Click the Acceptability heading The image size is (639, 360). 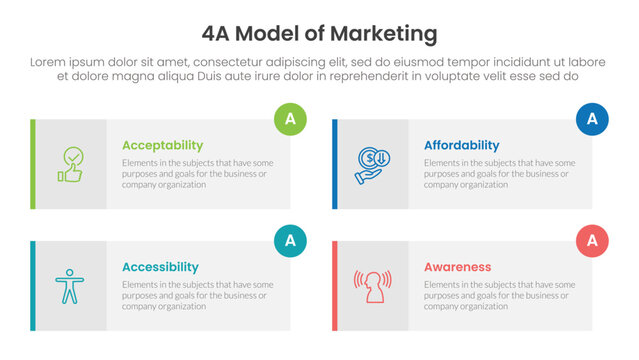162,145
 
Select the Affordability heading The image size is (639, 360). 461,145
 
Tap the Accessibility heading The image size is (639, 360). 160,267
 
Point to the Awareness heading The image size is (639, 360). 457,267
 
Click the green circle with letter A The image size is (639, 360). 290,119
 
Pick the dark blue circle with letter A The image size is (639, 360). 592,119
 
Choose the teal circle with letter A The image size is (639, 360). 290,240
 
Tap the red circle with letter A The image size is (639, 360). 592,240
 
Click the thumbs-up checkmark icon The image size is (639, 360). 70,164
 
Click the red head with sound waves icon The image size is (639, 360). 371,286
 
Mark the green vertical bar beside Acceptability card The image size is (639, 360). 33,164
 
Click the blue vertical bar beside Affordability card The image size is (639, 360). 335,164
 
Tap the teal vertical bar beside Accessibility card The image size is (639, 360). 33,286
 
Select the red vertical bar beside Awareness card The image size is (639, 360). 335,286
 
